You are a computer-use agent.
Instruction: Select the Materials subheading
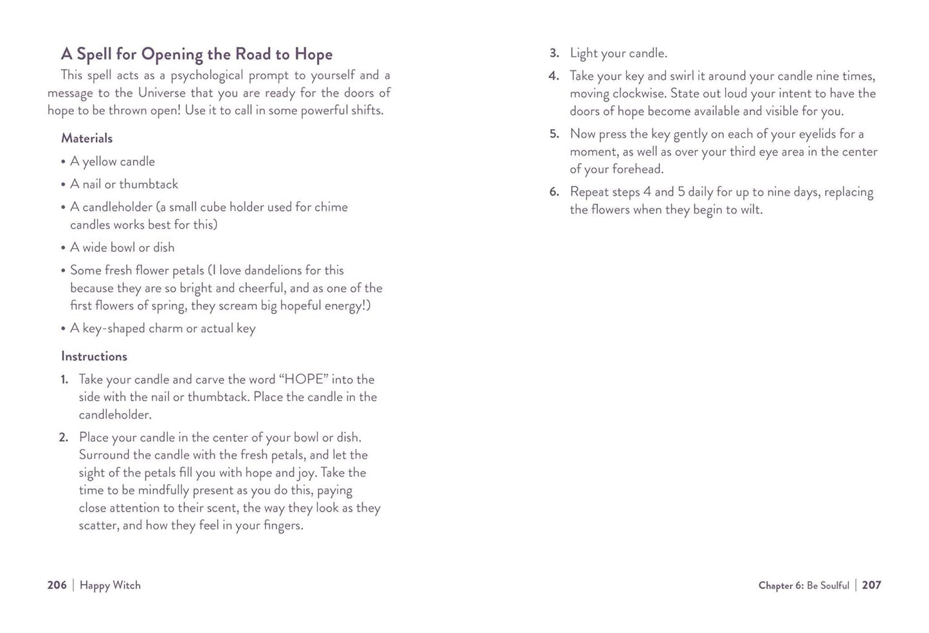pos(87,138)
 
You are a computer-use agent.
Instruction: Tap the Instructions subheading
pos(94,356)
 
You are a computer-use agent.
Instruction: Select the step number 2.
pos(63,438)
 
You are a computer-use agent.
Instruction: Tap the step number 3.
pos(554,53)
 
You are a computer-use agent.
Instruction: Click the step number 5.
pos(554,134)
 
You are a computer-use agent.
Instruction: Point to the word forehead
pos(637,170)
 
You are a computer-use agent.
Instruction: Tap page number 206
pos(57,585)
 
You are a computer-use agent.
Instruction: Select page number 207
pos(871,585)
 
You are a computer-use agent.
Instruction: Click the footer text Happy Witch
pos(110,585)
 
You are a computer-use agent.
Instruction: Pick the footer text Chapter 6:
pos(780,585)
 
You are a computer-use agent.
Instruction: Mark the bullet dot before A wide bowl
pos(64,248)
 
